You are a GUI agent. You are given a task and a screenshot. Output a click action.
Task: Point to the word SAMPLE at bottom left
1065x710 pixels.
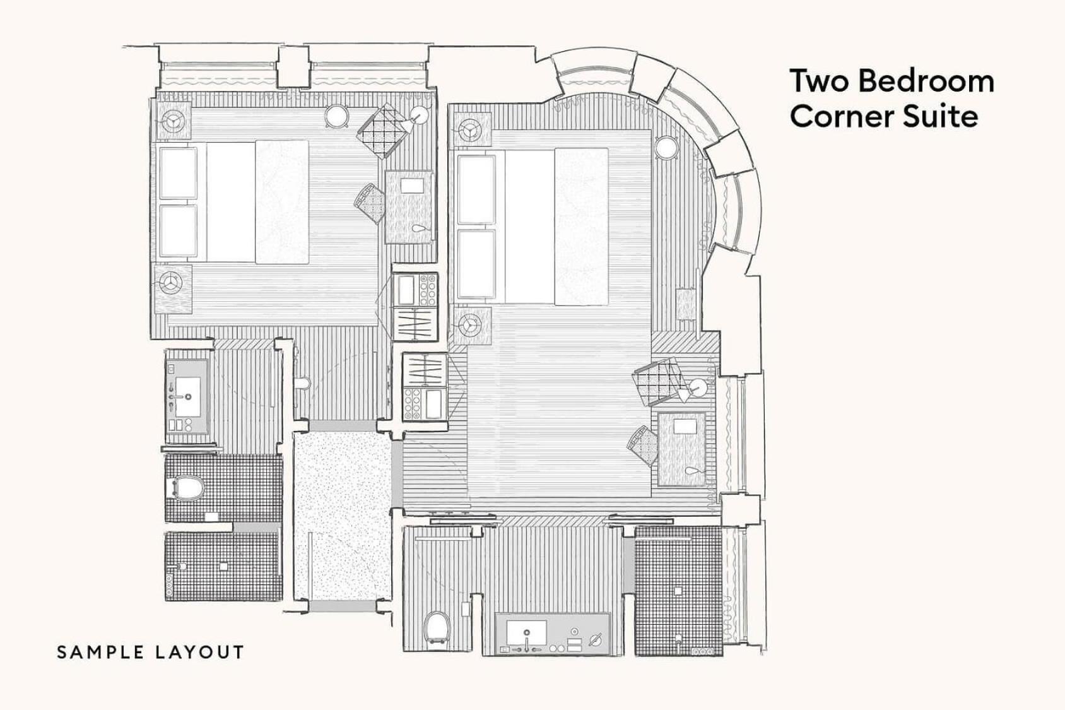(100, 653)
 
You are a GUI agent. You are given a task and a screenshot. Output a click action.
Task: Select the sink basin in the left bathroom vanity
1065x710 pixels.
(187, 390)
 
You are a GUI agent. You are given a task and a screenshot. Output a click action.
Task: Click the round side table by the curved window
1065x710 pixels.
(666, 148)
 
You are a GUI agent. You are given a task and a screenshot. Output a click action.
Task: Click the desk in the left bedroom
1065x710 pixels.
(409, 206)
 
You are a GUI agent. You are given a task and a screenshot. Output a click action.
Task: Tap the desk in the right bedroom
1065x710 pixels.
(683, 449)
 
